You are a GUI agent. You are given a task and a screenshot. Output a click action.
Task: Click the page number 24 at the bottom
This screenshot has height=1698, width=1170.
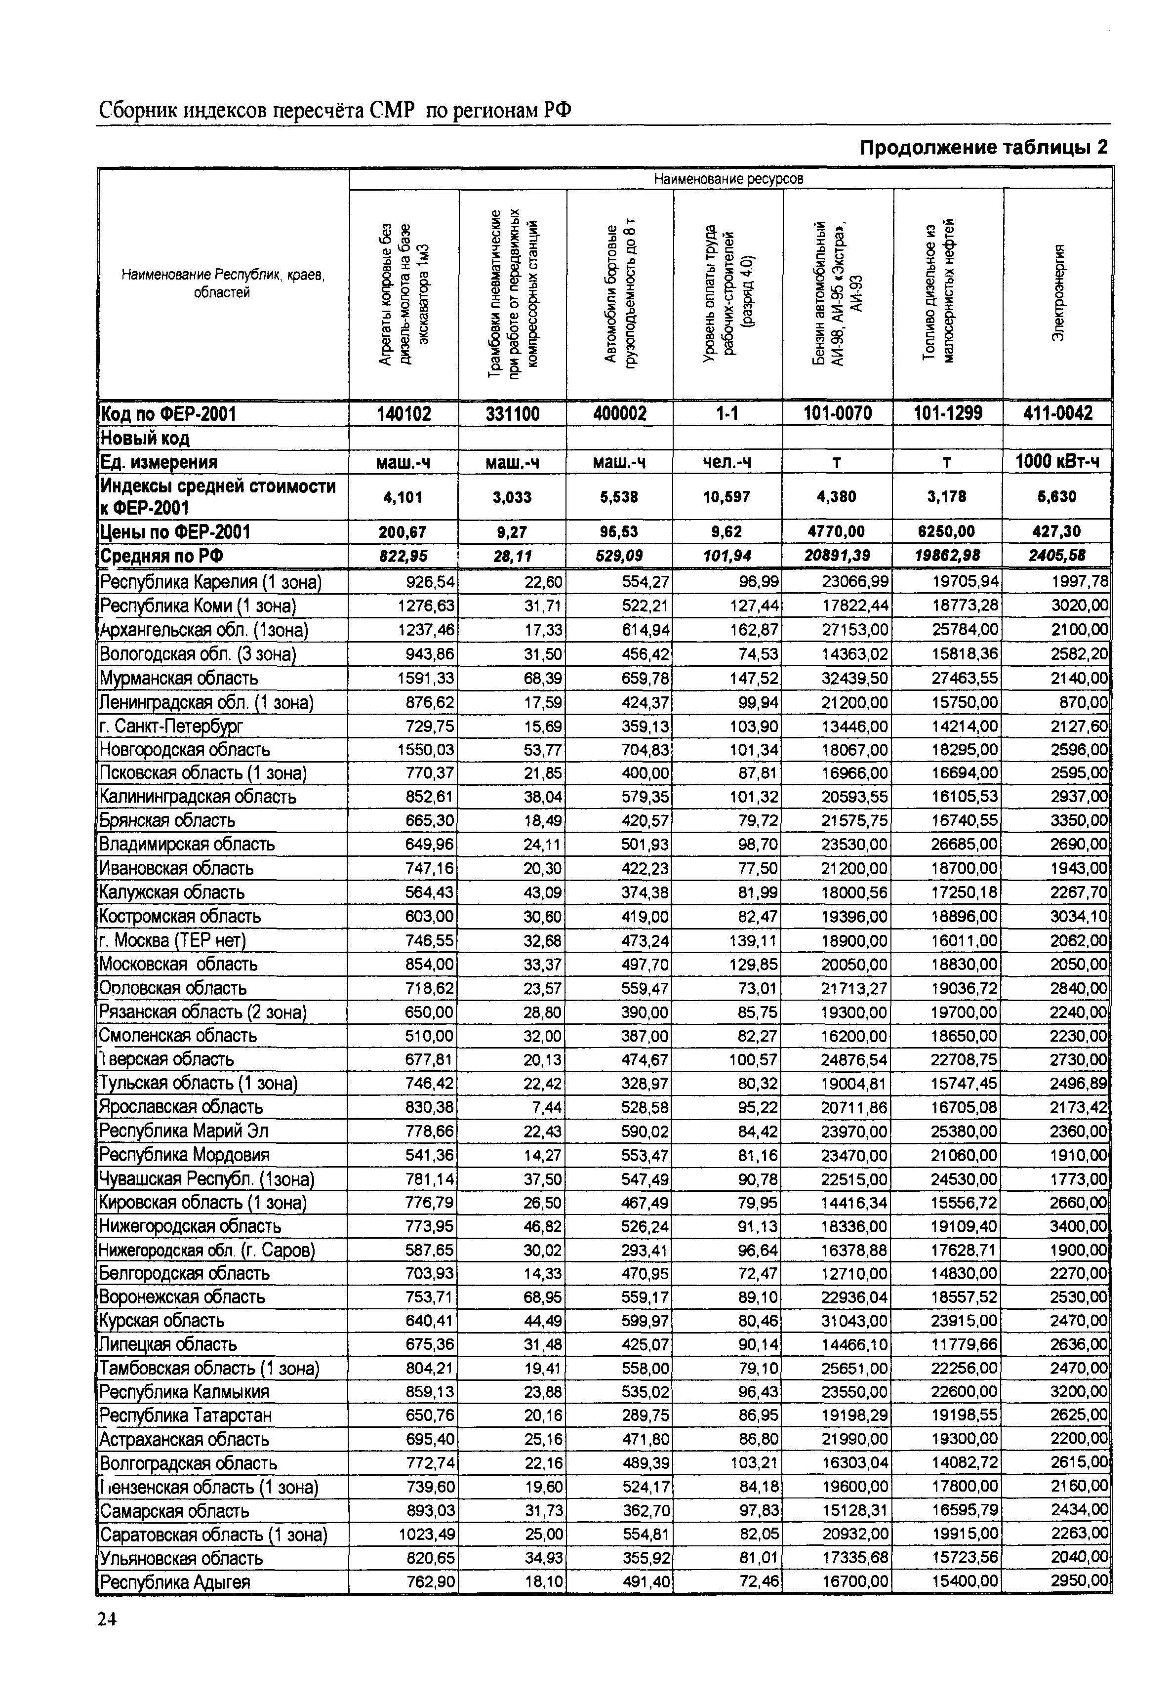107,1619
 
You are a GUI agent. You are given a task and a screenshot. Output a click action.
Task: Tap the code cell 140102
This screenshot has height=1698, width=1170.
404,414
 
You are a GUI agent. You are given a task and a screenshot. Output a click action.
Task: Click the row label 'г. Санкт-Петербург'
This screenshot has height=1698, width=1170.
171,726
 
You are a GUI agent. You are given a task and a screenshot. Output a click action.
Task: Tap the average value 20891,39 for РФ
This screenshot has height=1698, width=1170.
837,556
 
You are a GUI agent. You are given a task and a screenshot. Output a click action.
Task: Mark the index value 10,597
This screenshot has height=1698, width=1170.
726,497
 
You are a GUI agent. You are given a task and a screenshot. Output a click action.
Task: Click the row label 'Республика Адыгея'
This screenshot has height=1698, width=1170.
175,1582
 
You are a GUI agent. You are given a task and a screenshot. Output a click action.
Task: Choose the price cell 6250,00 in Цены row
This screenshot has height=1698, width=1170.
947,531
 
